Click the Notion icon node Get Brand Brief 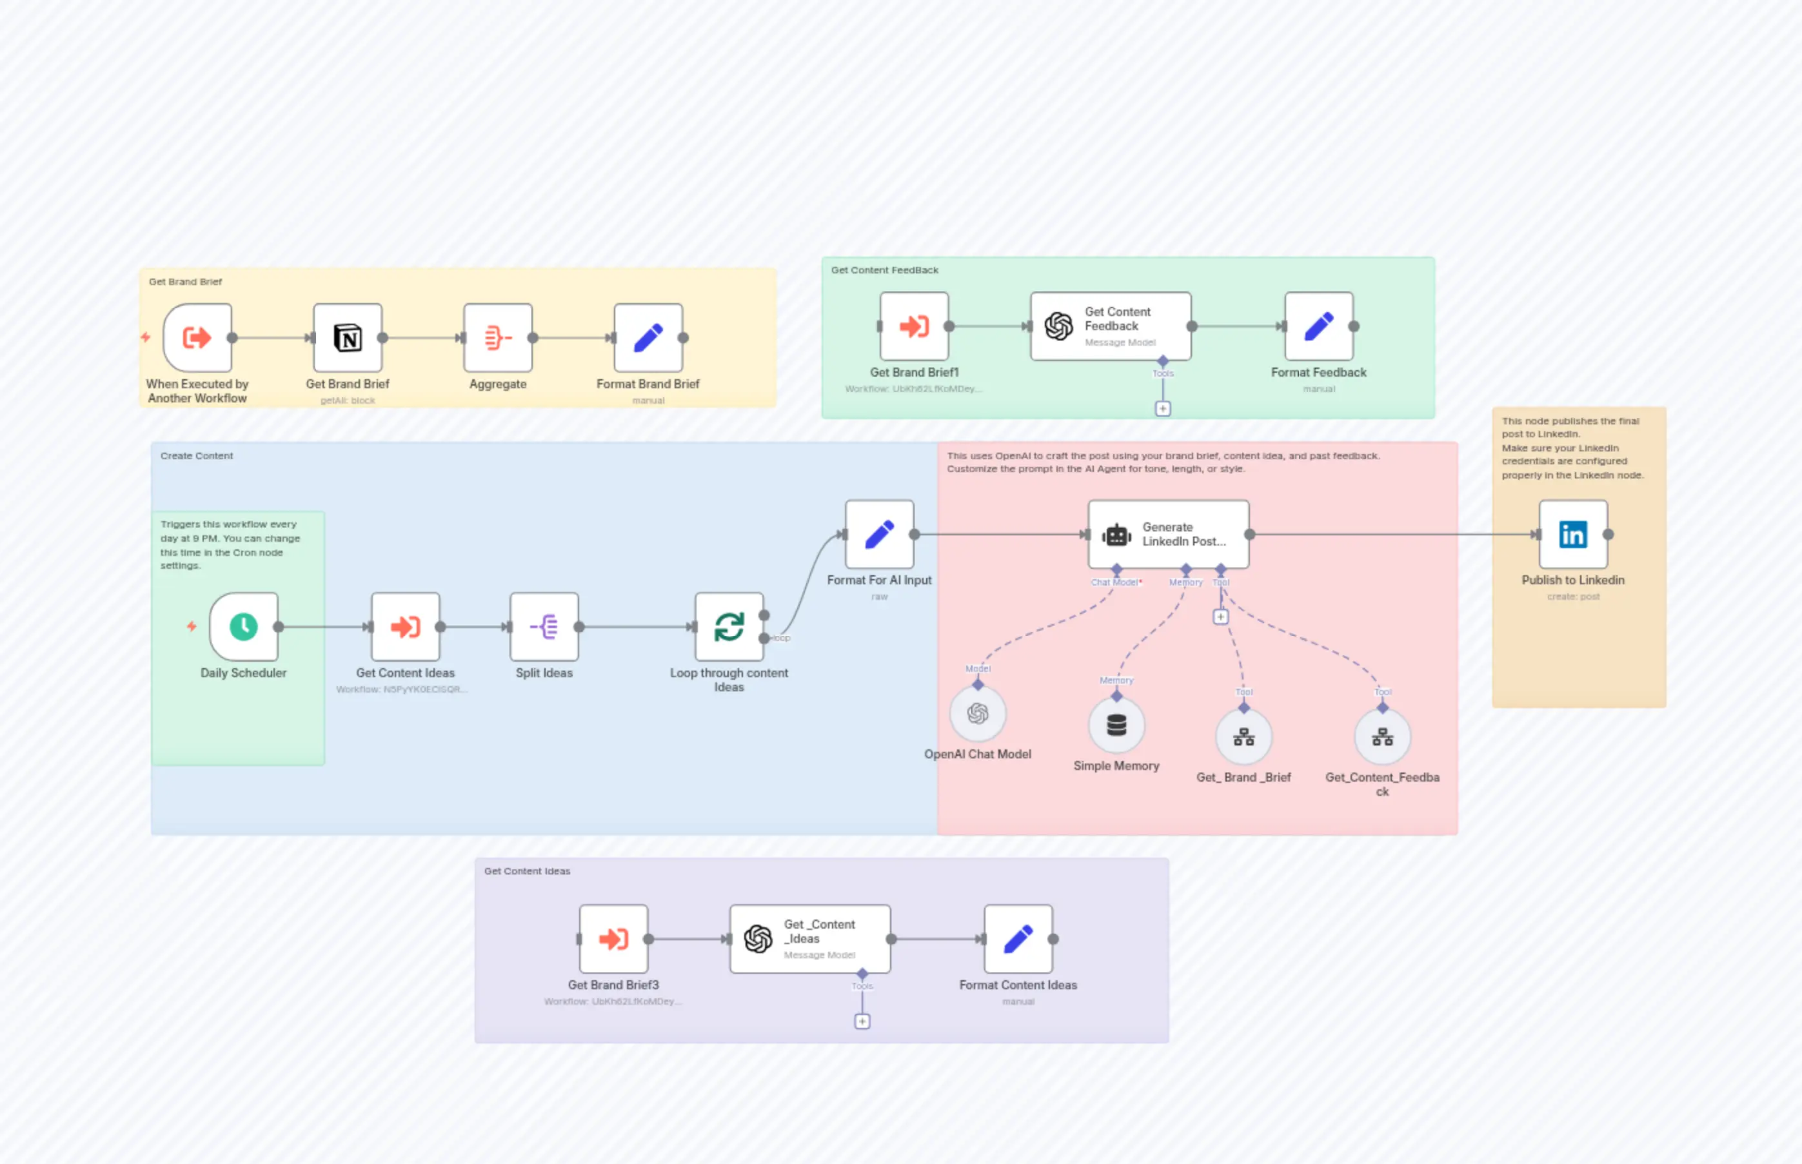(348, 338)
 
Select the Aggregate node (497, 338)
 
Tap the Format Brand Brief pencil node (648, 338)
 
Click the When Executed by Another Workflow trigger (197, 338)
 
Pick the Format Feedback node (1318, 326)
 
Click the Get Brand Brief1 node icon (914, 326)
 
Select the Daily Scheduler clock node (243, 627)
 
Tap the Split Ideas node (544, 627)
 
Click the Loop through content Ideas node (729, 627)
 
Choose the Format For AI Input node (879, 535)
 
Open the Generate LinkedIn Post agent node (1168, 535)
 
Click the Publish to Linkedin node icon (1573, 535)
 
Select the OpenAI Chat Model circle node (977, 713)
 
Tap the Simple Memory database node (1116, 725)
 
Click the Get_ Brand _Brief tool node (1243, 737)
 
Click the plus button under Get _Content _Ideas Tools (862, 1021)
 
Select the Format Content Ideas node (1018, 939)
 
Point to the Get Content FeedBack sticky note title (884, 270)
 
